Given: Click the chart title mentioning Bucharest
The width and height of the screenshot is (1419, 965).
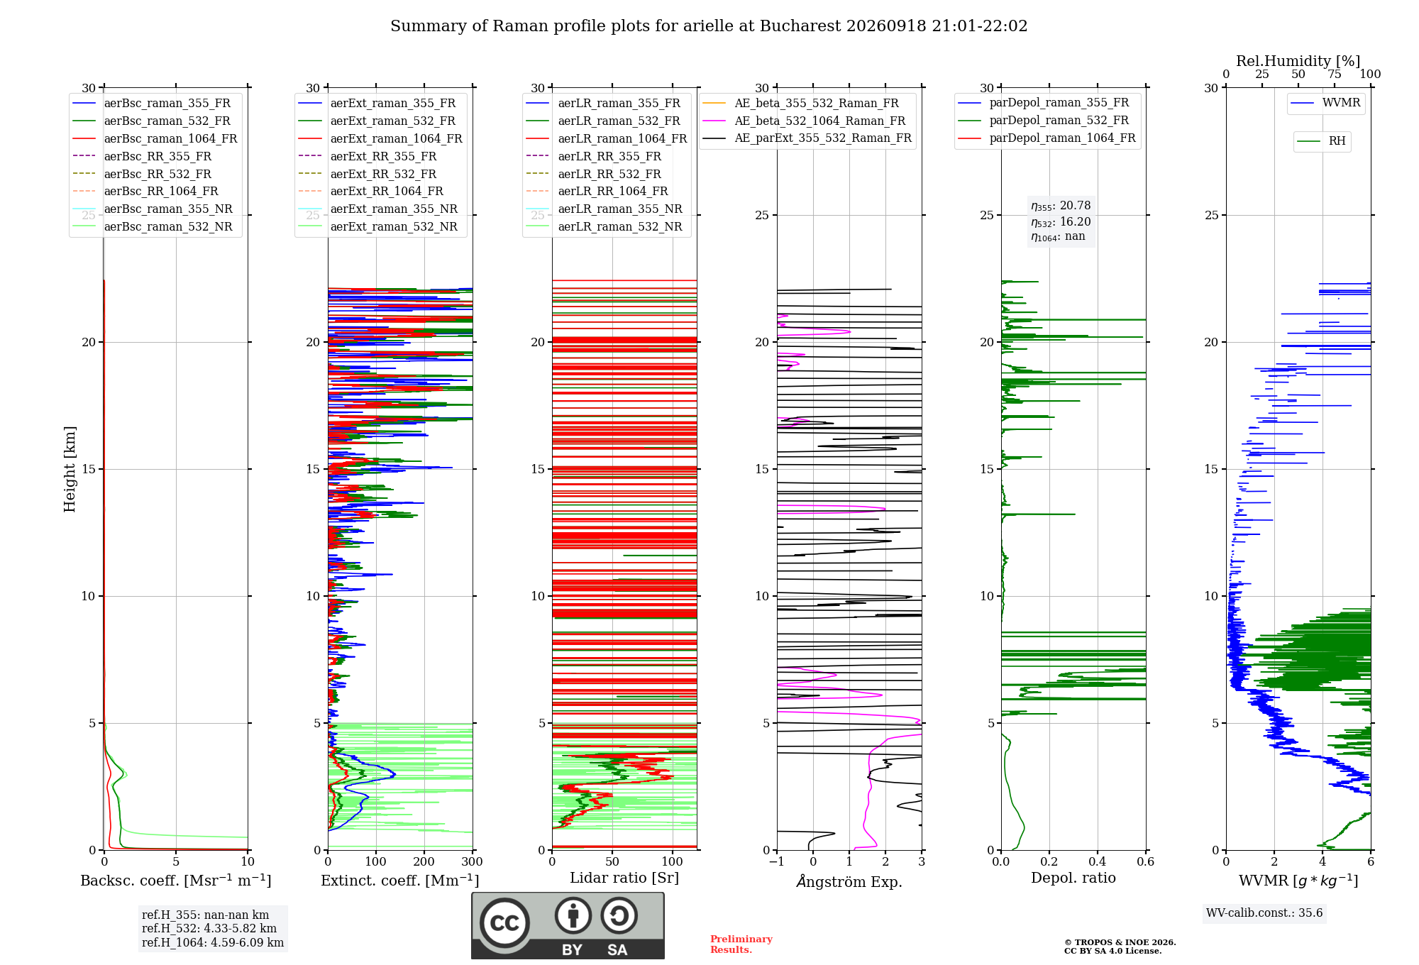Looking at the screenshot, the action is click(x=709, y=26).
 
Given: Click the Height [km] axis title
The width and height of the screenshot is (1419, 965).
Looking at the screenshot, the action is click(x=70, y=469).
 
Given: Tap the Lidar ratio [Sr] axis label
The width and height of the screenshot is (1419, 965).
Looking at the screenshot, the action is click(x=624, y=878).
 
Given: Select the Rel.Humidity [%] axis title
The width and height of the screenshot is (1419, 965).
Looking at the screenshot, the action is click(x=1298, y=61).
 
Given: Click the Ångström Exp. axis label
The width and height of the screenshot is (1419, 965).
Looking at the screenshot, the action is click(x=849, y=881).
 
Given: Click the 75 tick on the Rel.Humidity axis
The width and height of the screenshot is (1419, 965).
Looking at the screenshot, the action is click(x=1335, y=75).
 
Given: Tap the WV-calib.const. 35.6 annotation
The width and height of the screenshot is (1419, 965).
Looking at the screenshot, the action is click(x=1264, y=913).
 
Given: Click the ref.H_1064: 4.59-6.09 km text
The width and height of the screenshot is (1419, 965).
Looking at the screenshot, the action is click(x=213, y=943).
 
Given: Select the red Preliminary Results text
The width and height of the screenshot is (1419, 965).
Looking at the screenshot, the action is click(x=741, y=944).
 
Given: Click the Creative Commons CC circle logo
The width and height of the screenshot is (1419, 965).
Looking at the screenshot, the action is click(x=504, y=923).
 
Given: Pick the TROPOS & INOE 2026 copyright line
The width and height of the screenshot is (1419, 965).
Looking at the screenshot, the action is click(x=1120, y=942).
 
